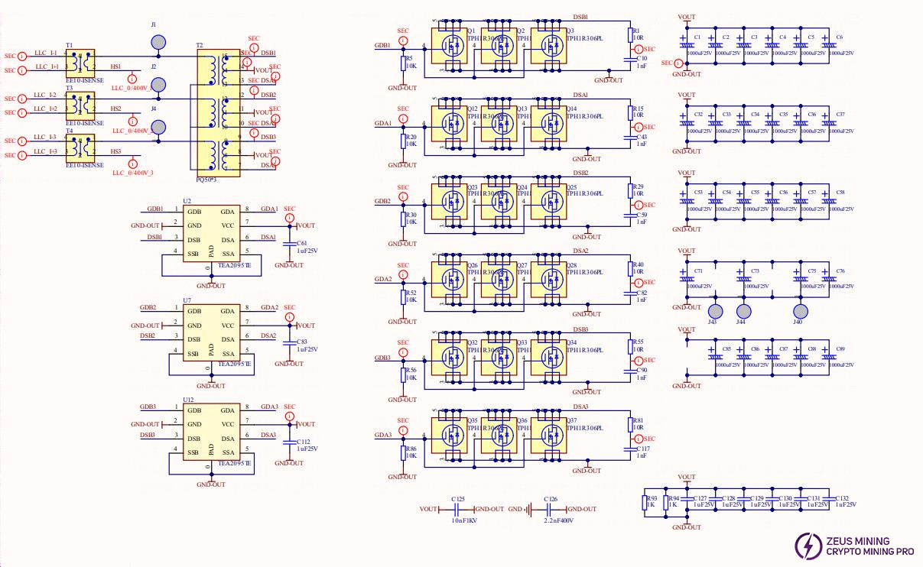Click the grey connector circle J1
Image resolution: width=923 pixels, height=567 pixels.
click(x=158, y=44)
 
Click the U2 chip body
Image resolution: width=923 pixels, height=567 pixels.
click(x=210, y=233)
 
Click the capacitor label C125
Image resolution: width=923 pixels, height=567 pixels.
click(x=458, y=498)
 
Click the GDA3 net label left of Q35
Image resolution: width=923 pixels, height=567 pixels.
click(x=382, y=436)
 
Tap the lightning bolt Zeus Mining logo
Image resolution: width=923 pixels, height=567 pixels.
click(x=808, y=545)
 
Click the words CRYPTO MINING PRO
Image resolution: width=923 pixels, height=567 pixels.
click(x=870, y=551)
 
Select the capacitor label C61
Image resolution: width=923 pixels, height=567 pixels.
click(x=301, y=242)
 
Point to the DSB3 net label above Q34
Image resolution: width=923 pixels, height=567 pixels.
click(x=580, y=329)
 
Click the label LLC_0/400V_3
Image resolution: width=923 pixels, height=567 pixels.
click(x=132, y=173)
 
